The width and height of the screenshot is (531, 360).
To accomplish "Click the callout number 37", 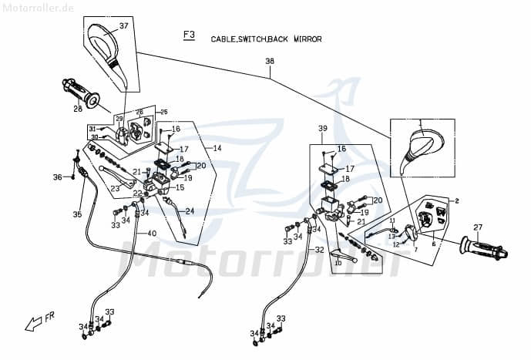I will pos(123,26).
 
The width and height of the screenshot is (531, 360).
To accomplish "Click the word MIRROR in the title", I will pos(307,39).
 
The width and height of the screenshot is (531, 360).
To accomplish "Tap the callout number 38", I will pos(270,61).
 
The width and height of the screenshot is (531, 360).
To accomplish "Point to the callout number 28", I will pos(78,109).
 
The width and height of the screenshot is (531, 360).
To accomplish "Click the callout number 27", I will pos(478,227).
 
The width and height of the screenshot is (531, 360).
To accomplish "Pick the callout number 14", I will pos(217,147).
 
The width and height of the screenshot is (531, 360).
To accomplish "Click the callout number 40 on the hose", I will pos(151,234).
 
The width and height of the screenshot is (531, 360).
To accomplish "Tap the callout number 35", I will pos(76,214).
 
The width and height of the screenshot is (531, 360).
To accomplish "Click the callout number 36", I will pos(57,177).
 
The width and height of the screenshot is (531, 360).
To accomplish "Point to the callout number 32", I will pos(319,251).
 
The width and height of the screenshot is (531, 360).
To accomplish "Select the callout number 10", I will pos(338,264).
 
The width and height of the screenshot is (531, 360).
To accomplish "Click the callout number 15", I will pos(180,187).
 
